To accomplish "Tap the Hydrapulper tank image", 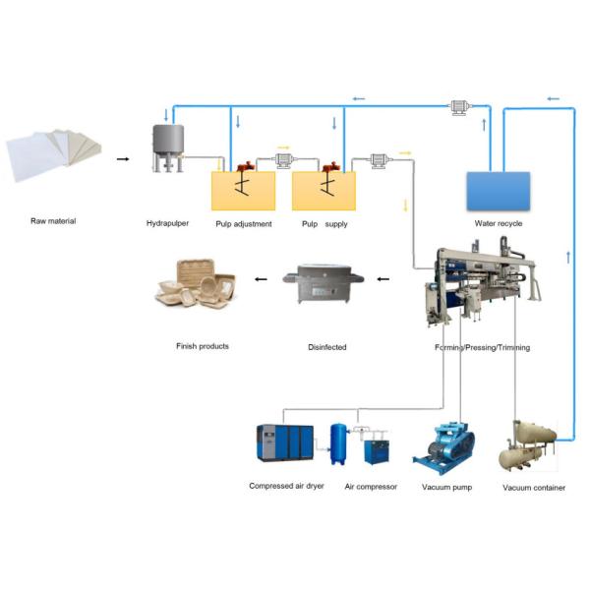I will pos(169,148).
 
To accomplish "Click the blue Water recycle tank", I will pos(497,191).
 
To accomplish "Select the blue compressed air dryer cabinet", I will pos(284,445).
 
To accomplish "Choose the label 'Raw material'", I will pos(53,221).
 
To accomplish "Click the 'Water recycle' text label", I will pos(499,223).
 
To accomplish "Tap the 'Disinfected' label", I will pos(324,346).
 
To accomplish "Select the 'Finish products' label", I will pos(201,346).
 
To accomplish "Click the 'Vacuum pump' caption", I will pos(447,487).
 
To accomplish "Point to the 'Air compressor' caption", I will pos(371,487).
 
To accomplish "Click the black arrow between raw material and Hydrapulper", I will pos(122,157).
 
